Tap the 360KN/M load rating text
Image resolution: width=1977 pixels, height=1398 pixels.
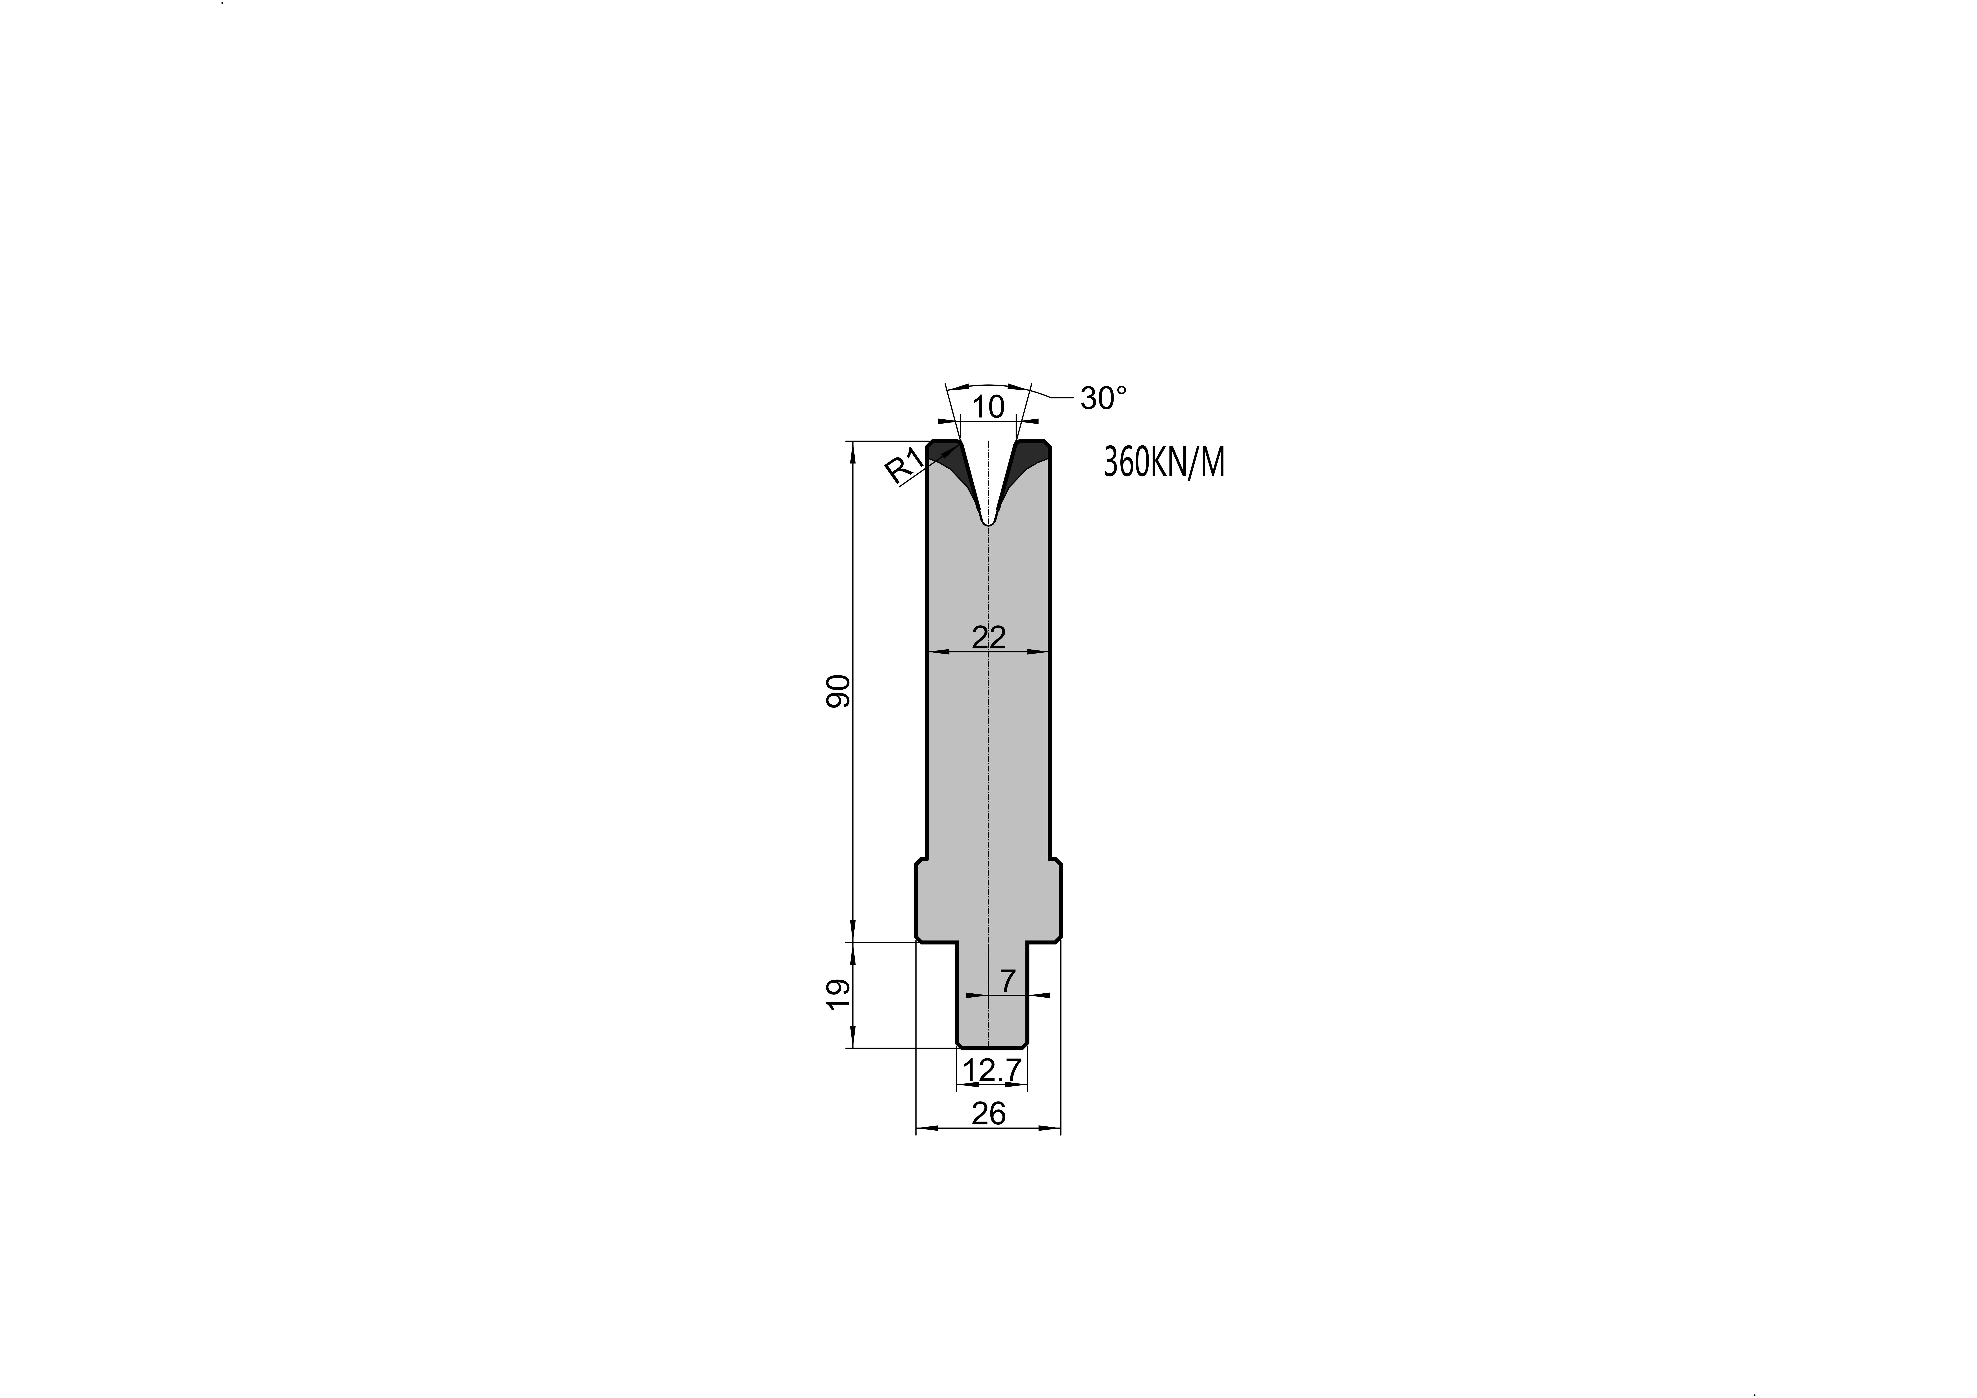pos(1163,463)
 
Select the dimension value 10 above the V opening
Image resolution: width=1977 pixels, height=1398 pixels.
pos(989,406)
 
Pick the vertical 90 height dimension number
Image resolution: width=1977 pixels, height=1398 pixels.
pos(838,691)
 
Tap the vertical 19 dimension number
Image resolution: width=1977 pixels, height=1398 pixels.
pos(838,994)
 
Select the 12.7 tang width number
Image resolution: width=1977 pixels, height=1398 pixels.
pos(992,1070)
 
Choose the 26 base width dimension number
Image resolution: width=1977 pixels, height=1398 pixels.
pos(989,1113)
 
